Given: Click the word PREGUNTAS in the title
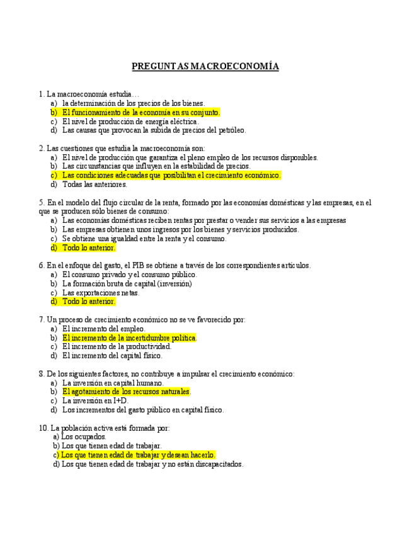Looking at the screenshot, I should point(160,66).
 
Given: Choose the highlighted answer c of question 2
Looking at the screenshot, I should point(171,175).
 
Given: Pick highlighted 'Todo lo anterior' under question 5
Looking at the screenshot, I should point(88,248).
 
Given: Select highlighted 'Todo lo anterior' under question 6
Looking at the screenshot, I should point(88,302).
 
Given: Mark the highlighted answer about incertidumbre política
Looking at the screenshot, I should point(129,338).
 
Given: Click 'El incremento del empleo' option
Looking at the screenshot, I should point(103,329).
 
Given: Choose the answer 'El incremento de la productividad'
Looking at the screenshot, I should point(117,346).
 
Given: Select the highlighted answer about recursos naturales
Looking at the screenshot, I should point(126,392).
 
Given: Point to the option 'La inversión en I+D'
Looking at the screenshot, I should point(95,401).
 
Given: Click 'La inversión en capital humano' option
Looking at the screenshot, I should point(113,383).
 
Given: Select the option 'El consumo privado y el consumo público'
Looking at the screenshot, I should point(129,275).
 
